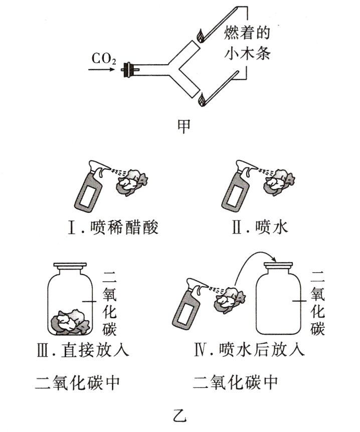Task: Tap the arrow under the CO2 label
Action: (x=103, y=70)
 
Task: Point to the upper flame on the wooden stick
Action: (x=201, y=36)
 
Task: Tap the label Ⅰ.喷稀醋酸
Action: (x=115, y=228)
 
